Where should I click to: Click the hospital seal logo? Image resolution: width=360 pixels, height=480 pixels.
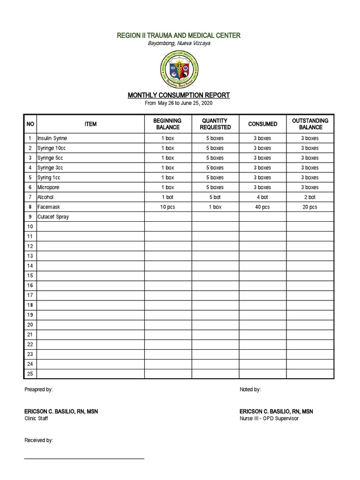pos(179,70)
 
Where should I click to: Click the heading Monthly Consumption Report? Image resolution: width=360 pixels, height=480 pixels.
pos(179,95)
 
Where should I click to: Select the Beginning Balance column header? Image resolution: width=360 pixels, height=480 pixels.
pos(168,124)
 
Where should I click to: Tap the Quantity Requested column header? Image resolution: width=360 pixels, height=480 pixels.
pos(215,124)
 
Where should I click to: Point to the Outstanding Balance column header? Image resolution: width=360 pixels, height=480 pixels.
pos(310,124)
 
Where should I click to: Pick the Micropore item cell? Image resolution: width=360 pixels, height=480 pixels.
pos(49,187)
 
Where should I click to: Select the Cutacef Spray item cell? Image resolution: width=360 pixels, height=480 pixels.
pos(53,217)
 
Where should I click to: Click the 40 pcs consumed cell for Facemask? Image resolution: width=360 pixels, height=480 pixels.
pos(262,207)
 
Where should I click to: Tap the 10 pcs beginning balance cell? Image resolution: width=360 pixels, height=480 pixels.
pos(168,207)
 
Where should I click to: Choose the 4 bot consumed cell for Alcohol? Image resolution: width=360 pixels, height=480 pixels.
pos(262,197)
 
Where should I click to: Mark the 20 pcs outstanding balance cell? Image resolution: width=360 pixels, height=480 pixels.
pos(310,207)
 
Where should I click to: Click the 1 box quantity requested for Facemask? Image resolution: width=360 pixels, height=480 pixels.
pos(215,207)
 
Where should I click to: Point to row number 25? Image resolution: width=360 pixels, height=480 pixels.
pos(30,374)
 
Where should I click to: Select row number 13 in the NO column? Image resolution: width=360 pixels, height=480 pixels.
pos(30,256)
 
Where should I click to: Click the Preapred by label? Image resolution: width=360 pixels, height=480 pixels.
pos(38,390)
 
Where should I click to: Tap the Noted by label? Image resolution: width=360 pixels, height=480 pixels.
pos(250,390)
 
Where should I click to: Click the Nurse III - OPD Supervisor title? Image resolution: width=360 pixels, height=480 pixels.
pos(269,418)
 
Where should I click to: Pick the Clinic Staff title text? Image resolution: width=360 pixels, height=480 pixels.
pos(36,418)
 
